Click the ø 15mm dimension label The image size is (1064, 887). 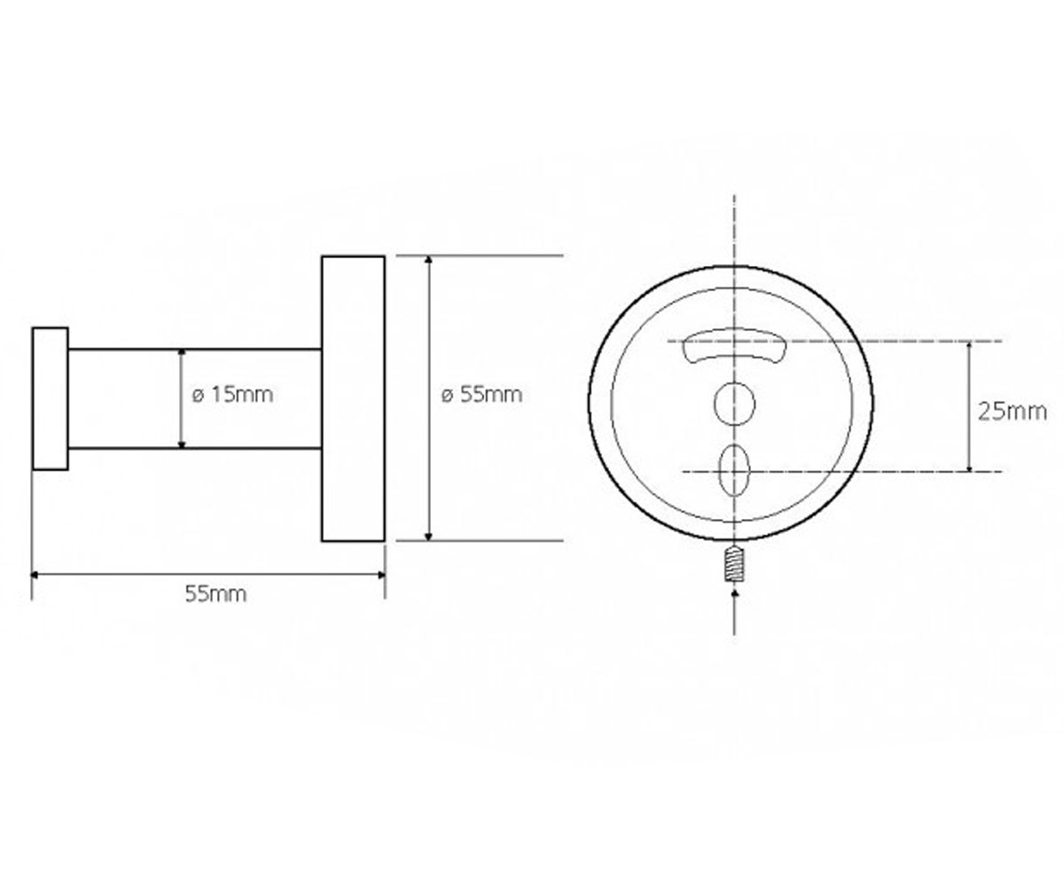tap(232, 395)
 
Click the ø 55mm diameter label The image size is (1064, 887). tap(481, 395)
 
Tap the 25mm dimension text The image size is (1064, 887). tap(1012, 412)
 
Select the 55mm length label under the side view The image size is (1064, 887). tap(215, 594)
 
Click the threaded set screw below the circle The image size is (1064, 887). tap(734, 563)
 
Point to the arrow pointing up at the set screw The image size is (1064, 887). tap(734, 613)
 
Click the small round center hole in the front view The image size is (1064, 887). tap(734, 404)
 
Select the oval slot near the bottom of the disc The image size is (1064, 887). tap(734, 469)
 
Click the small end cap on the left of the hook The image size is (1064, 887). tap(50, 398)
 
